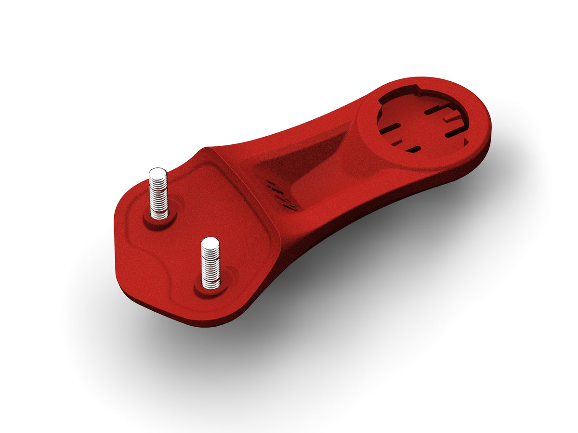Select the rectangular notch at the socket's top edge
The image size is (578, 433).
[407, 90]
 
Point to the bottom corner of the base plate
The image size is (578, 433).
[202, 325]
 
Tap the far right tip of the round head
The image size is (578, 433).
[490, 127]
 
